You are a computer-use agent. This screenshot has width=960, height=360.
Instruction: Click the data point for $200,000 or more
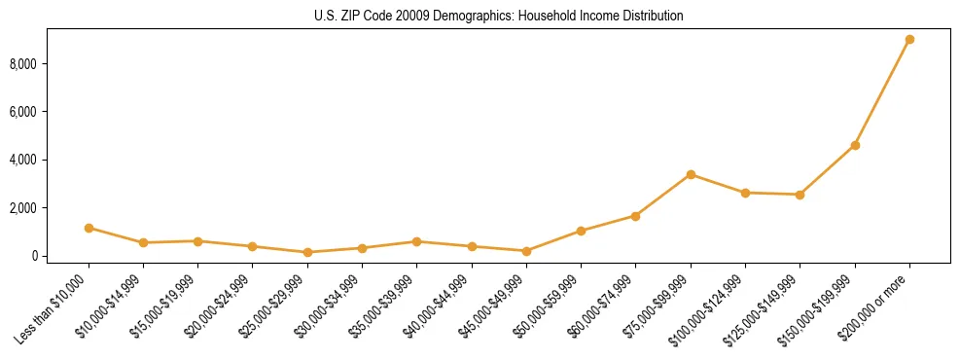pos(909,40)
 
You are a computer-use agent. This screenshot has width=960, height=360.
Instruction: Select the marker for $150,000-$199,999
pos(855,145)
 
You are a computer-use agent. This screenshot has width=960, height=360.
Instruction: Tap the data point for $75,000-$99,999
pos(691,174)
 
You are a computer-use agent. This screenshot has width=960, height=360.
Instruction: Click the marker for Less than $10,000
pos(89,228)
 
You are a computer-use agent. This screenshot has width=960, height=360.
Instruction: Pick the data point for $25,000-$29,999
pos(307,252)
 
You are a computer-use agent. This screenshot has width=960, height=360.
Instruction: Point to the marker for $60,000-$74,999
pos(636,216)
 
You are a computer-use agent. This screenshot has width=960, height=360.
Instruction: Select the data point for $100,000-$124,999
pos(745,193)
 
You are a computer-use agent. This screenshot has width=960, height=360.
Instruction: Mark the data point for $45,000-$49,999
pos(526,251)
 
